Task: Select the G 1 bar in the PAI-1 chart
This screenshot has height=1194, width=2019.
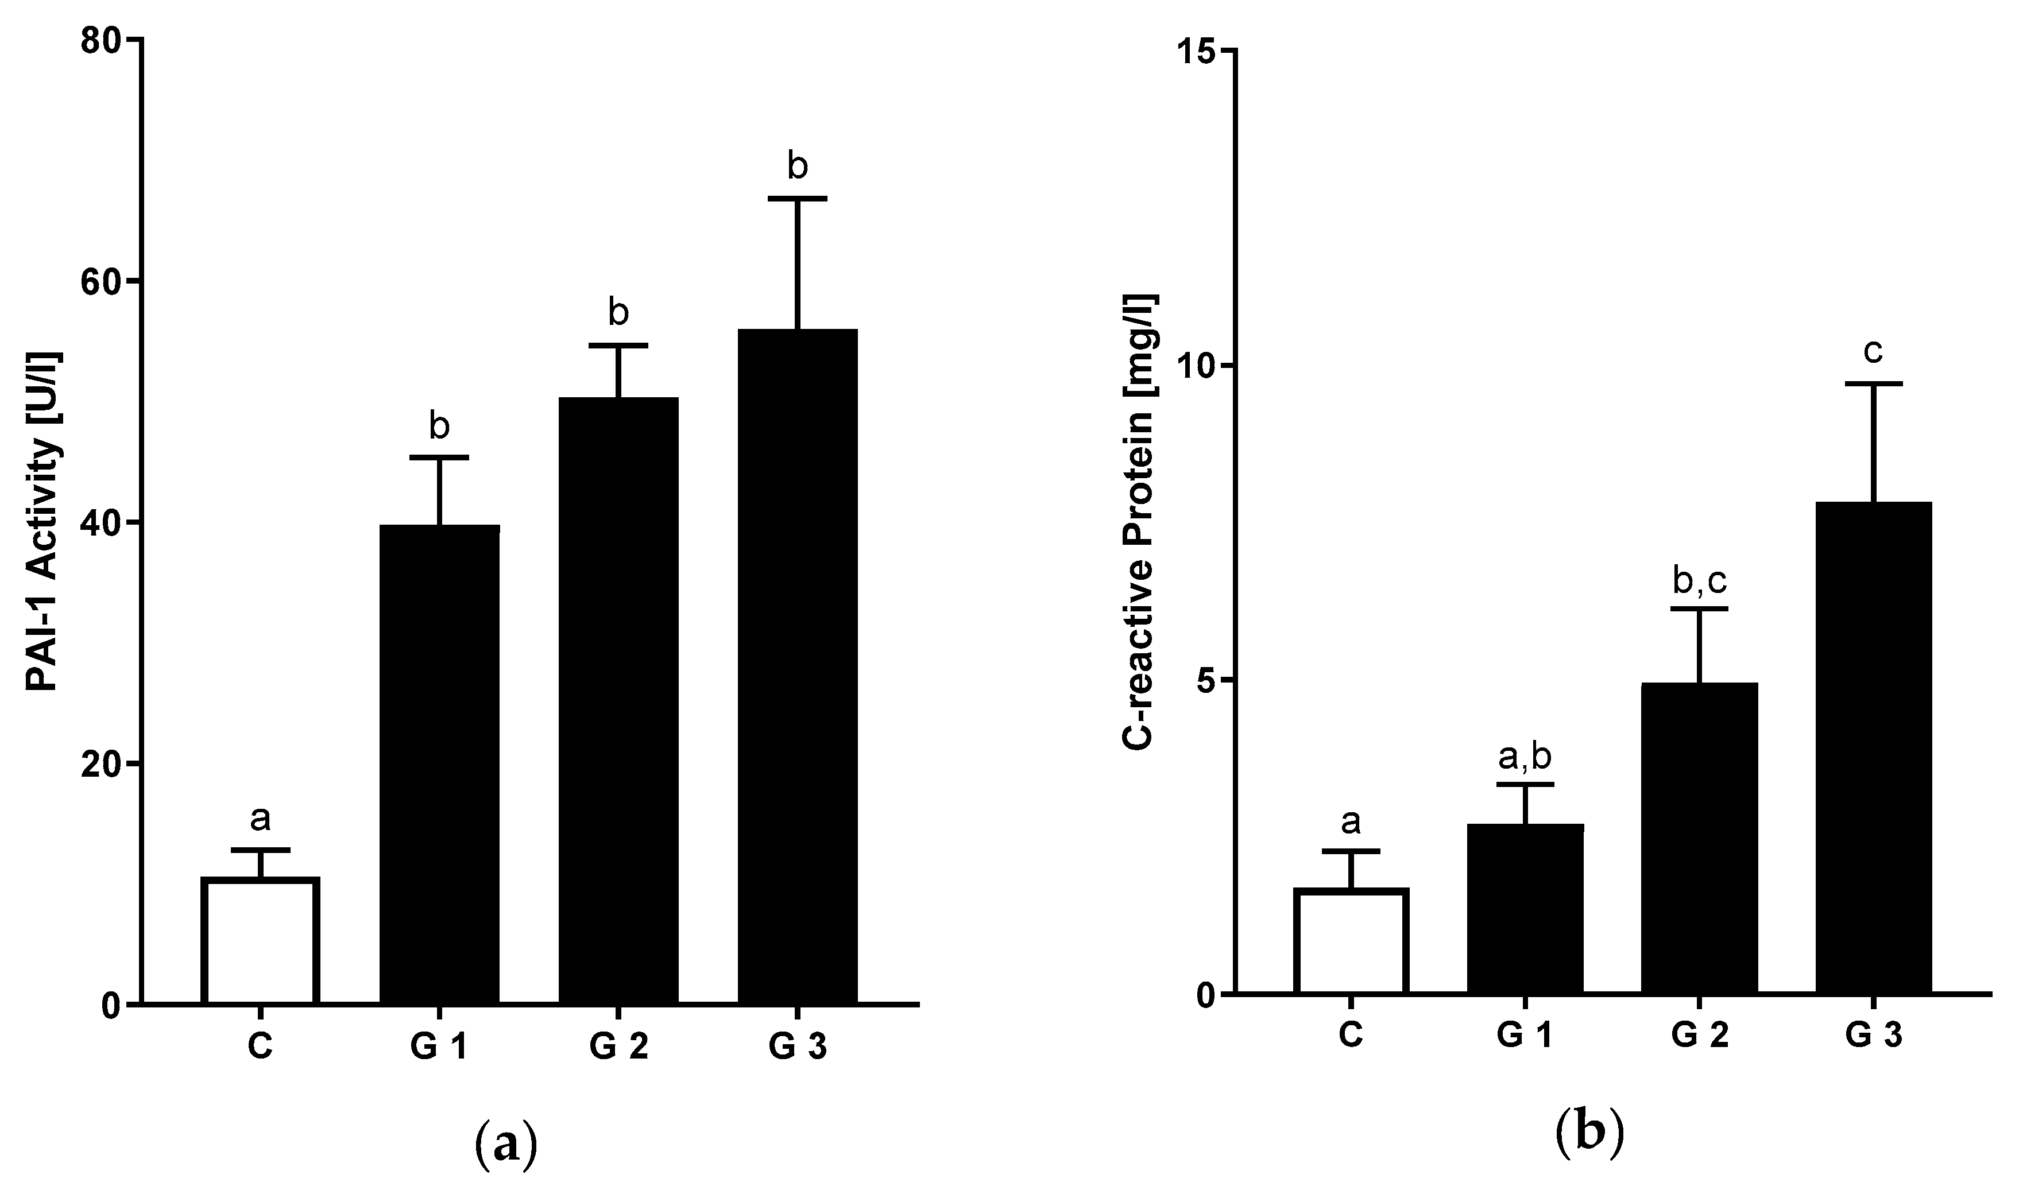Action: point(439,765)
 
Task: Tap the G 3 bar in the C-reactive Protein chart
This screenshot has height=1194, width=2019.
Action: point(1873,749)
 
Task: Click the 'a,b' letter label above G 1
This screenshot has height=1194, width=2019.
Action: point(1525,757)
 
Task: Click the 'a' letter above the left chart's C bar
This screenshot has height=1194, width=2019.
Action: point(260,819)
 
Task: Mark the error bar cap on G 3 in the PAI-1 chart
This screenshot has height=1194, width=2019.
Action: point(798,198)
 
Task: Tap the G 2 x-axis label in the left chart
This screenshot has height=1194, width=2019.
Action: point(618,1048)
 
